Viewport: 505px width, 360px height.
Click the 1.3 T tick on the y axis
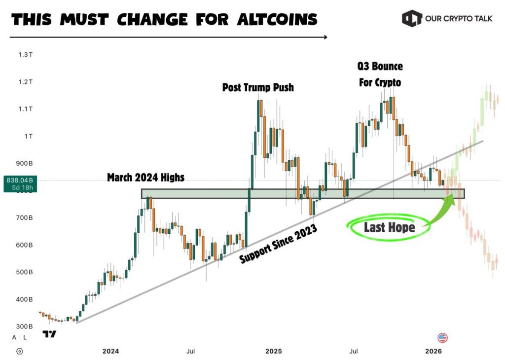(x=25, y=55)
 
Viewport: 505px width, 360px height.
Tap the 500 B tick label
(x=24, y=272)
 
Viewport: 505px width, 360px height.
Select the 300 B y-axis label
(x=24, y=326)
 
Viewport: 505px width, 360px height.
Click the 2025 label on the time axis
(x=274, y=351)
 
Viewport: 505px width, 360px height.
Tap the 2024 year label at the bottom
(x=110, y=351)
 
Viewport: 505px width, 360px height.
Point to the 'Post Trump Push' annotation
(x=258, y=88)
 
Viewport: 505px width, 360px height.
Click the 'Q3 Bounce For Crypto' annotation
(x=380, y=74)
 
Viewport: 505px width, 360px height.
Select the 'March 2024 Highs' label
(x=145, y=178)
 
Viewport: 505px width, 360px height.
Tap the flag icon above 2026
(x=443, y=338)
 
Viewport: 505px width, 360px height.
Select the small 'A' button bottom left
(x=14, y=337)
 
